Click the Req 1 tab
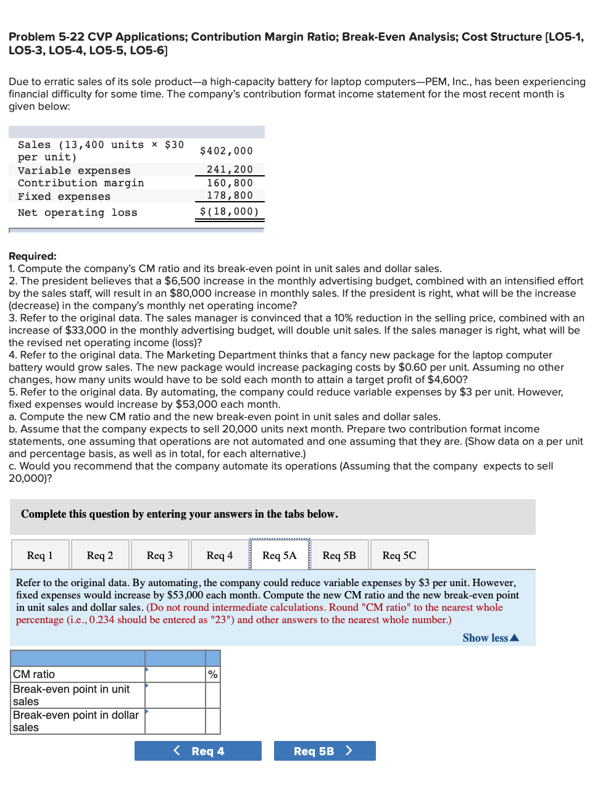click(40, 555)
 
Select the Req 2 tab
click(100, 555)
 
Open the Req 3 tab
click(160, 555)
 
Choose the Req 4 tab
click(220, 555)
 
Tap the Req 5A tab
click(280, 555)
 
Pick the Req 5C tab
click(399, 555)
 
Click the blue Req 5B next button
click(324, 751)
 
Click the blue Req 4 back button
click(198, 751)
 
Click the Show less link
click(490, 638)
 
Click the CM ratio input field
click(175, 674)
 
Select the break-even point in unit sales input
click(175, 695)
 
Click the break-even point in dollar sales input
click(175, 721)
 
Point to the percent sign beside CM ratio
click(213, 674)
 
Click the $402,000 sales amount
click(227, 151)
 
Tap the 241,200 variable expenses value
click(230, 170)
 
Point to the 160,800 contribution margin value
click(230, 183)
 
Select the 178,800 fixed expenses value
click(230, 196)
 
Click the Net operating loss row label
click(78, 213)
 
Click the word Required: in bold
click(33, 256)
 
